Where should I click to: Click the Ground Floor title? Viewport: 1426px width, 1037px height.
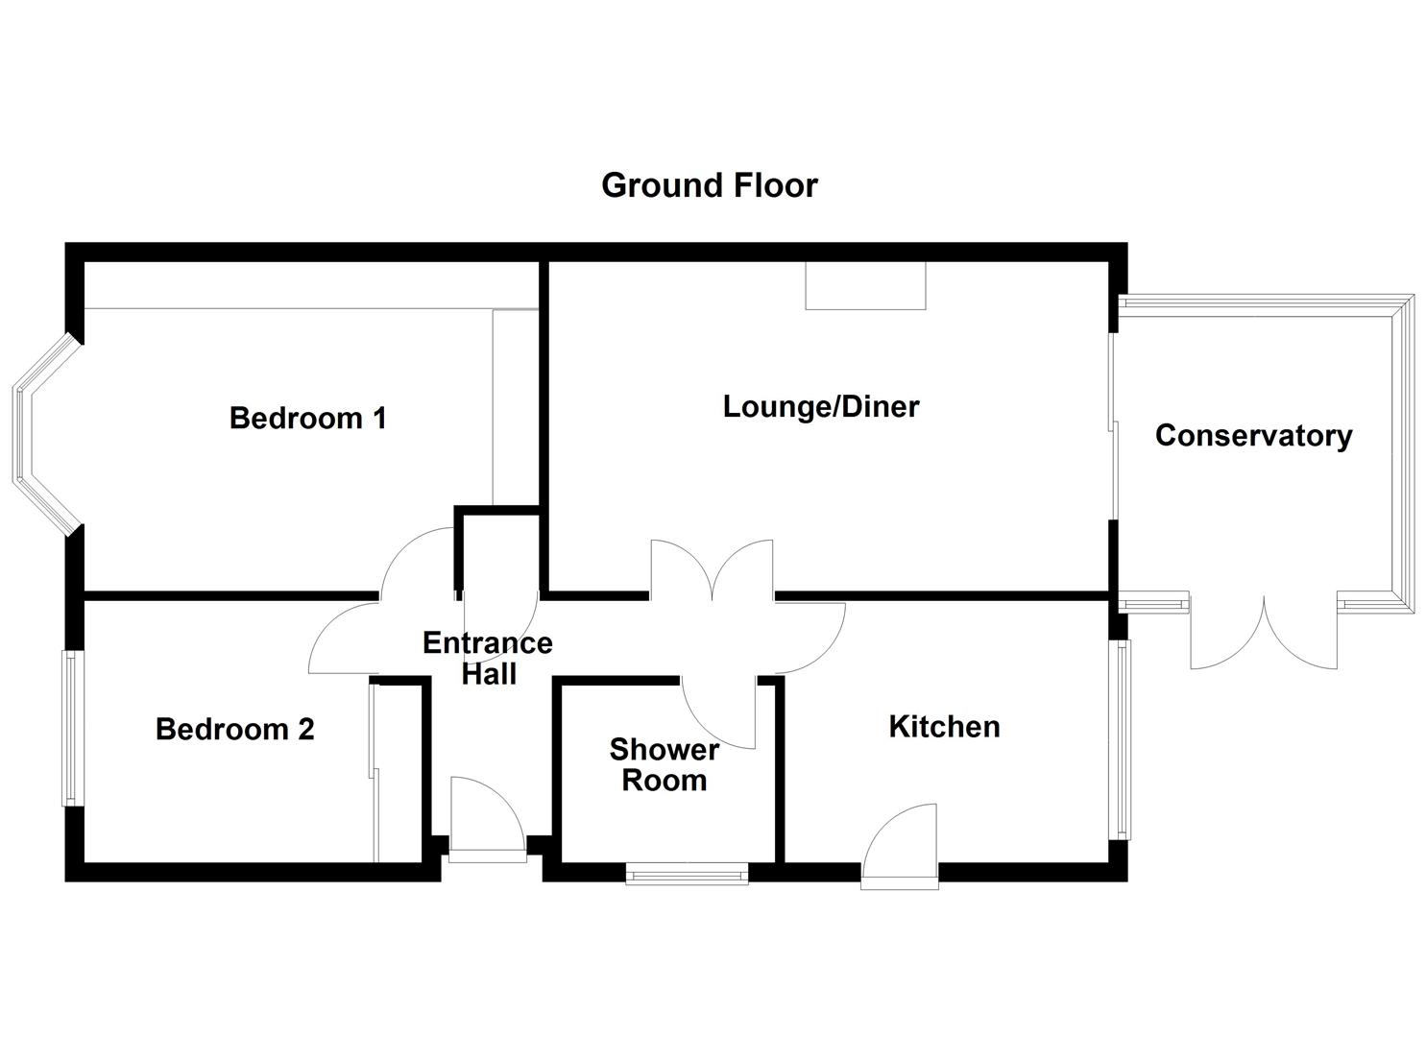pyautogui.click(x=709, y=185)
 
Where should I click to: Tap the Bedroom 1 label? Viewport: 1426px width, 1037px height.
pyautogui.click(x=307, y=419)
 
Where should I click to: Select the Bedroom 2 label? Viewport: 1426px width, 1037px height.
pyautogui.click(x=234, y=730)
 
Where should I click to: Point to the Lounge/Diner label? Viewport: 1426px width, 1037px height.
pyautogui.click(x=820, y=407)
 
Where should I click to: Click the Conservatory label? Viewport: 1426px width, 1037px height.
pyautogui.click(x=1253, y=436)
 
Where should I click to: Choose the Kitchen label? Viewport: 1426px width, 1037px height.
pyautogui.click(x=944, y=727)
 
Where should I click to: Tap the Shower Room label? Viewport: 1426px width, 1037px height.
pyautogui.click(x=664, y=765)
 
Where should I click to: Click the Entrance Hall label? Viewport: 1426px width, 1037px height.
pyautogui.click(x=488, y=659)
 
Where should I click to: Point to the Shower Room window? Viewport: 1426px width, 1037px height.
pyautogui.click(x=687, y=873)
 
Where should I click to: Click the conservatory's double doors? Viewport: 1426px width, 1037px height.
pyautogui.click(x=1264, y=634)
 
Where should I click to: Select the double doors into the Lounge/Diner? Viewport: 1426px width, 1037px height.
pyautogui.click(x=712, y=572)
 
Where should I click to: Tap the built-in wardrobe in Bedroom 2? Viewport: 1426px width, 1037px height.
pyautogui.click(x=399, y=773)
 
